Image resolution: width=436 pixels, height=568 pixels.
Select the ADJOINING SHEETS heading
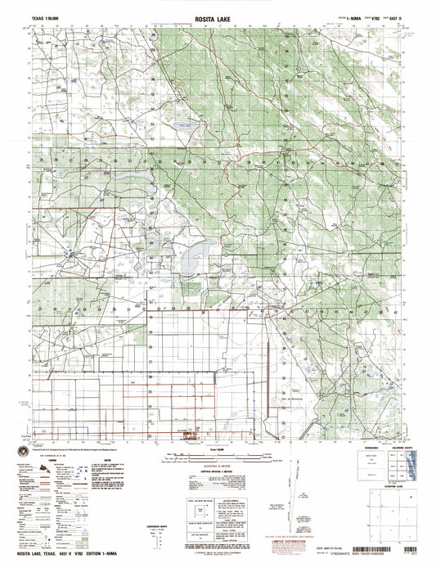click(398, 445)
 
